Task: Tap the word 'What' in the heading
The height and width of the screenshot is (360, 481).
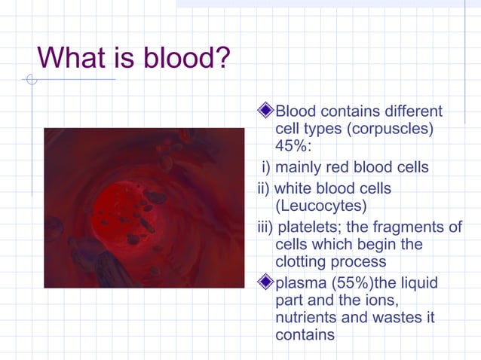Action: point(72,57)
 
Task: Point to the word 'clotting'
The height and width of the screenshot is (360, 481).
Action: point(302,261)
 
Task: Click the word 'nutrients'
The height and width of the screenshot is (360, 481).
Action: point(307,317)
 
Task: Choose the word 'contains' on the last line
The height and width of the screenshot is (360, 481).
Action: point(305,334)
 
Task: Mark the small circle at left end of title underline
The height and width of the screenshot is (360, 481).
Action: point(31,79)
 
